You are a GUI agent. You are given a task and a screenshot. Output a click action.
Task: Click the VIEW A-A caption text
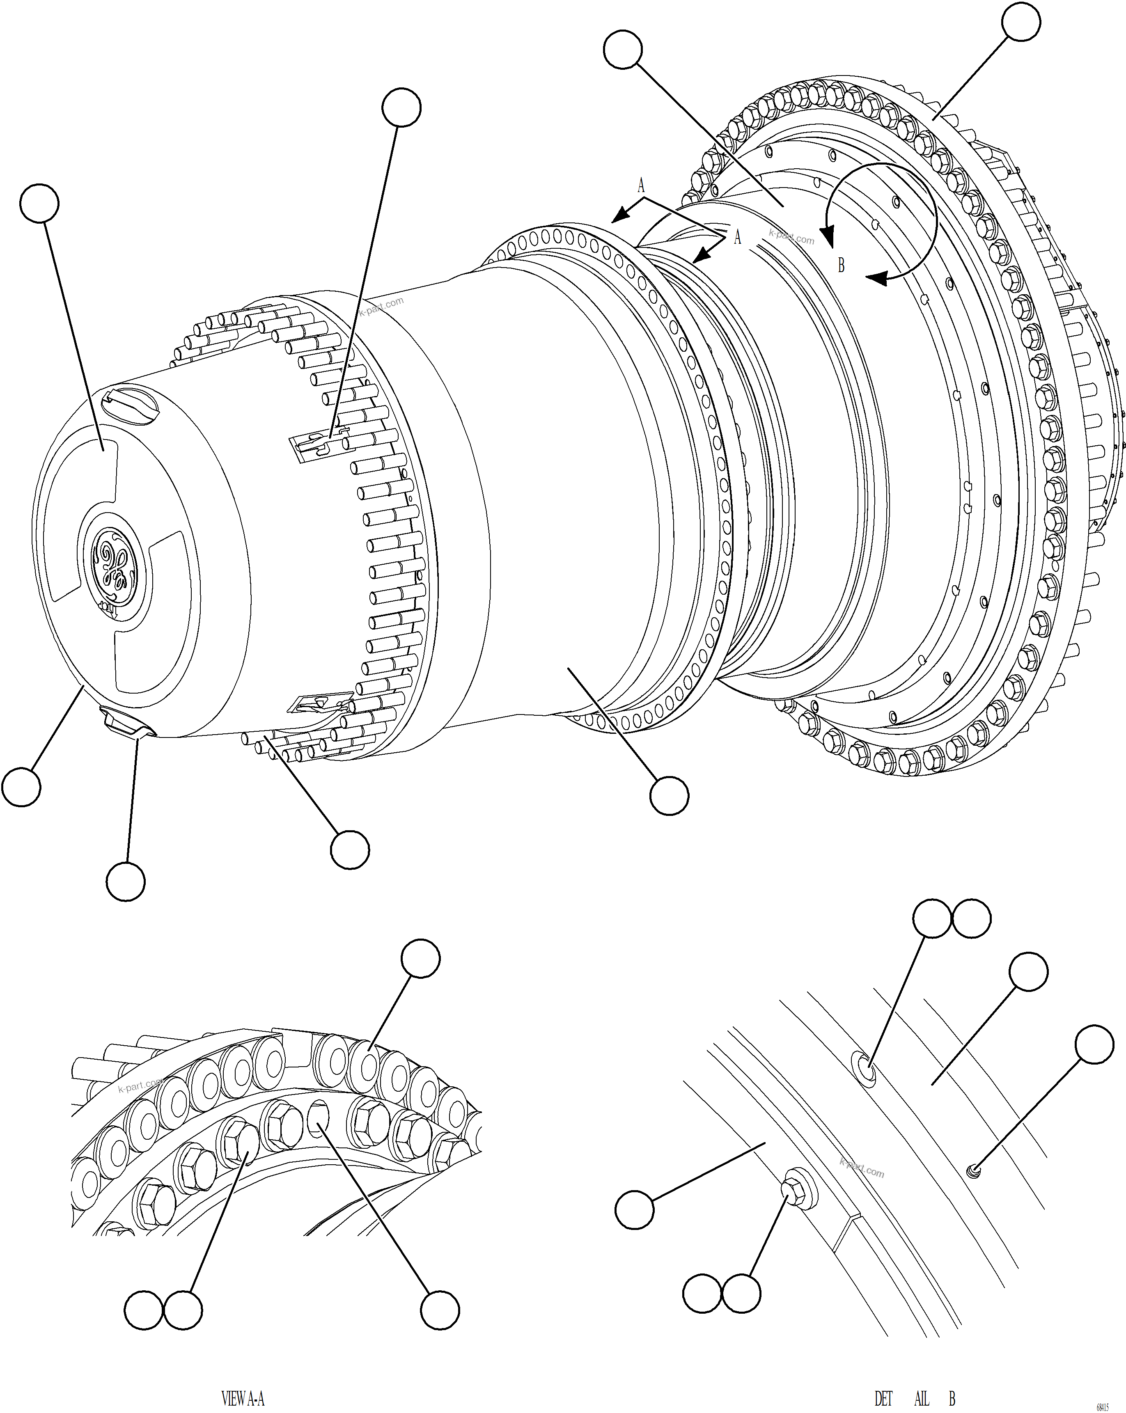coord(243,1398)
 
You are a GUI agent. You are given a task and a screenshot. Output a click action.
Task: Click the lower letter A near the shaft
coord(737,237)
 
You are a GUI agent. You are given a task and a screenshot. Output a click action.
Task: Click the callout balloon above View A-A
coord(420,959)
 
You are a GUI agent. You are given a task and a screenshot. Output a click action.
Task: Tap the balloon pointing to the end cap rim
coord(22,786)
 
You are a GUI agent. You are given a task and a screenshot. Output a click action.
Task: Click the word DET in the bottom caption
coord(883,1398)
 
